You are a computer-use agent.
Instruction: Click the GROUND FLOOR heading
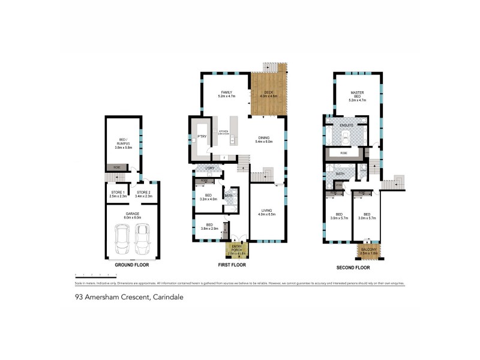click(131, 264)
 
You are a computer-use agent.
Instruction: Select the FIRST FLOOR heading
click(232, 265)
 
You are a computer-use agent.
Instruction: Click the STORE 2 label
click(145, 193)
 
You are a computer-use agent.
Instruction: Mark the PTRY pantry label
click(200, 137)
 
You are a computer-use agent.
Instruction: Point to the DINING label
click(265, 137)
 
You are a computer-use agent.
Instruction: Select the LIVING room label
click(267, 210)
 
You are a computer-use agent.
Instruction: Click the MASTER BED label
click(358, 94)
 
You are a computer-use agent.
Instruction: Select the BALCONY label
click(365, 251)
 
